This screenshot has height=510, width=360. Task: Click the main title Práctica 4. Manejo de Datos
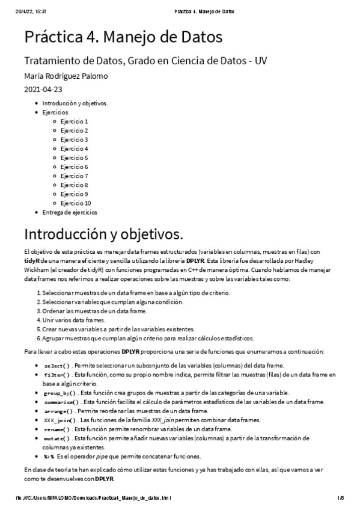(123, 37)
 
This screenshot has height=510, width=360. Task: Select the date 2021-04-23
(43, 89)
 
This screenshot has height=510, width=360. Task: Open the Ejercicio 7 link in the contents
(74, 176)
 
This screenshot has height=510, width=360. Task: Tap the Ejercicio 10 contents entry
(76, 203)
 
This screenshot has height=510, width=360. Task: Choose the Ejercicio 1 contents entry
(74, 121)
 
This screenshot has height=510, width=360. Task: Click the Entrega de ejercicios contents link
(70, 212)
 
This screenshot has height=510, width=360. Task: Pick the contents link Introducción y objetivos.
(75, 103)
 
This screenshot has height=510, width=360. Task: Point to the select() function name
(57, 366)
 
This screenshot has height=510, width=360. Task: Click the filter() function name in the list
(57, 375)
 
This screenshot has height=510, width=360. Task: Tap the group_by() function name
(59, 393)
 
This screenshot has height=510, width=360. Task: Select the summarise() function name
(61, 402)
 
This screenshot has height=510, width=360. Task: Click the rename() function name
(57, 429)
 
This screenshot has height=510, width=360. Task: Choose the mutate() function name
(57, 438)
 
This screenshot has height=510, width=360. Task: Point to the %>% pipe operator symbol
(49, 456)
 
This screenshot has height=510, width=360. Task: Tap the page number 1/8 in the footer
(339, 499)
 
